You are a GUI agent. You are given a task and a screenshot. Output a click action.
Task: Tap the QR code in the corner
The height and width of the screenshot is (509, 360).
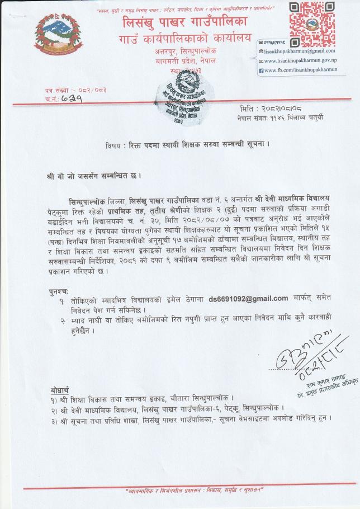point(308,19)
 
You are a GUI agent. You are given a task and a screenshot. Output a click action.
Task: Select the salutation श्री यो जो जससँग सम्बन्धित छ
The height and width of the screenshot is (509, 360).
point(94,176)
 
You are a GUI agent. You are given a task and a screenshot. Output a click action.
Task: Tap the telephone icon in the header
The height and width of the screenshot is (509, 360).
point(260,42)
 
